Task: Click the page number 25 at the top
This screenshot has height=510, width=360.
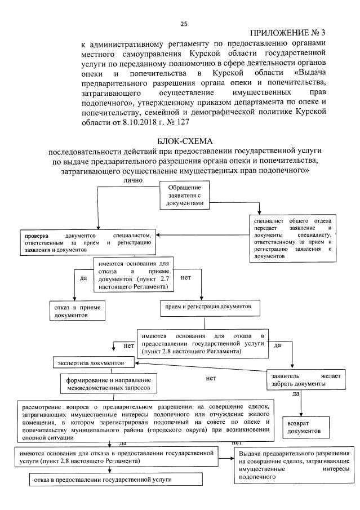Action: pyautogui.click(x=183, y=24)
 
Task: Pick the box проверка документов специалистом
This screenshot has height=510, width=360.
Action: pyautogui.click(x=87, y=241)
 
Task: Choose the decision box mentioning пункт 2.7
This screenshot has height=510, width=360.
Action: pyautogui.click(x=134, y=275)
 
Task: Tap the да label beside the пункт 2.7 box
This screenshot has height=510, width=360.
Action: pyautogui.click(x=83, y=278)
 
